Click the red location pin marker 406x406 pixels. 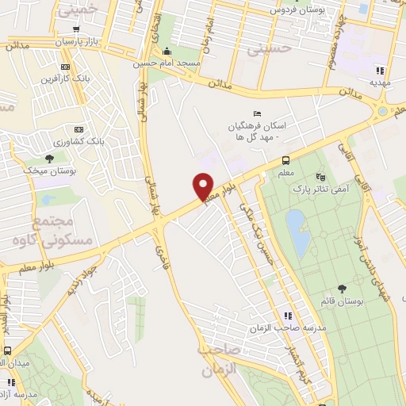pyautogui.click(x=204, y=186)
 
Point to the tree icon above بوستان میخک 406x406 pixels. pyautogui.click(x=49, y=159)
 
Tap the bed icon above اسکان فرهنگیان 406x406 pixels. pyautogui.click(x=256, y=113)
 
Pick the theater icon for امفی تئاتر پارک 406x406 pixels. pyautogui.click(x=320, y=176)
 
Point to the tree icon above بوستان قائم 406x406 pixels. pyautogui.click(x=342, y=289)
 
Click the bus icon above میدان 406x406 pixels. pyautogui.click(x=7, y=350)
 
